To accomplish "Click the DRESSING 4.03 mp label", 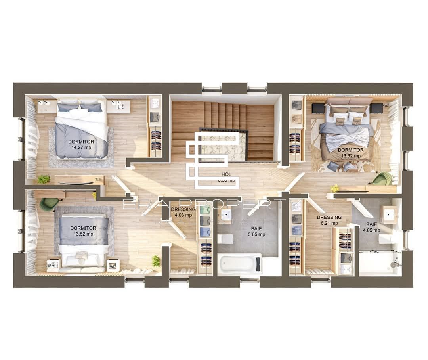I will [x=183, y=212].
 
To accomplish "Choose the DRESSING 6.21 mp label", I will [x=329, y=220].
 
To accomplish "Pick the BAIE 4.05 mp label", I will [x=371, y=227].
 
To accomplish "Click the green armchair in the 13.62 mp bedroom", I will [x=381, y=179].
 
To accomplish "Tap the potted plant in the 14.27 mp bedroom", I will [x=43, y=180].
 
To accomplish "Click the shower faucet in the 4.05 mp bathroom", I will [x=394, y=264].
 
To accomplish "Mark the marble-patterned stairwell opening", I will [x=223, y=146].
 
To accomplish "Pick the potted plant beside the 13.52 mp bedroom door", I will [x=156, y=261].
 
